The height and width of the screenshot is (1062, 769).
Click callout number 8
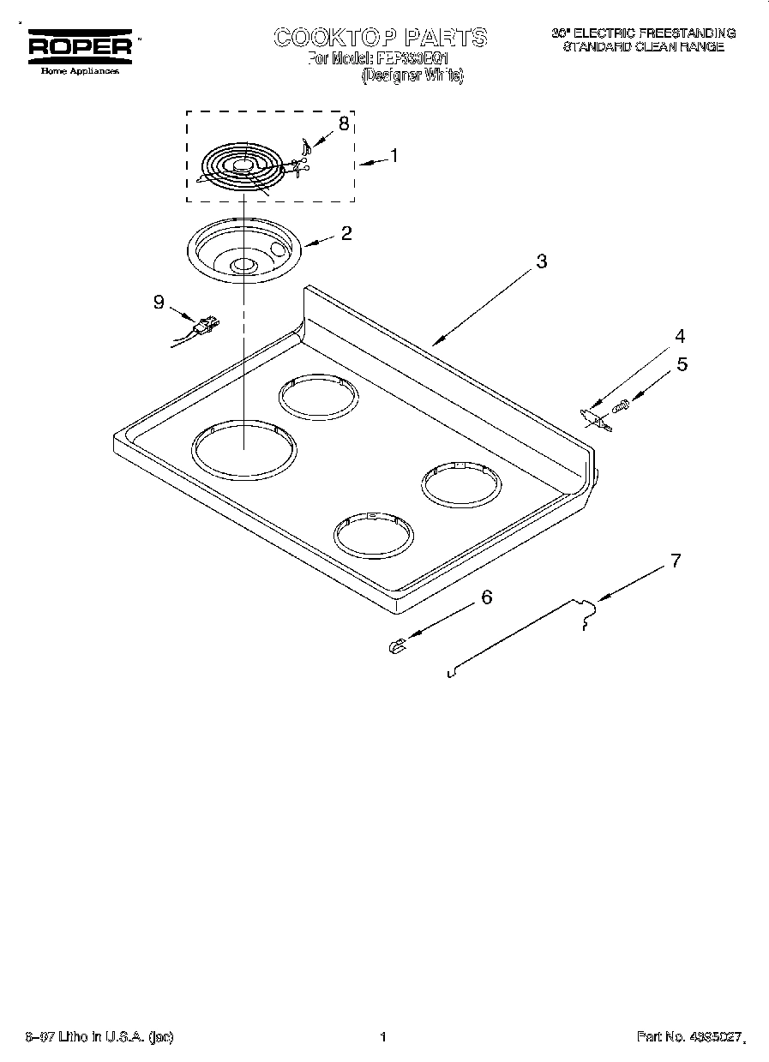pos(343,123)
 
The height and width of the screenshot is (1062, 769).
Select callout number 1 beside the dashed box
pos(394,155)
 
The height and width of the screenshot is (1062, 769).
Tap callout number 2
pos(345,231)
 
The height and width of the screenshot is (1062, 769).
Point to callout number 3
pos(541,262)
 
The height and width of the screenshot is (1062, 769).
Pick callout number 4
pos(680,335)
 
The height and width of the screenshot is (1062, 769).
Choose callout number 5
pos(682,363)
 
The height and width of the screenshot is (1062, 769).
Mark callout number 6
pos(487,597)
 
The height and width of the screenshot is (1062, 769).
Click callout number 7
pos(676,561)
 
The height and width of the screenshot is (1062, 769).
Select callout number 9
pos(158,302)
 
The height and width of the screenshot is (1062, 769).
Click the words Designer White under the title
pos(412,75)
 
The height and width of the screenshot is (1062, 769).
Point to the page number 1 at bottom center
pos(383,1036)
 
